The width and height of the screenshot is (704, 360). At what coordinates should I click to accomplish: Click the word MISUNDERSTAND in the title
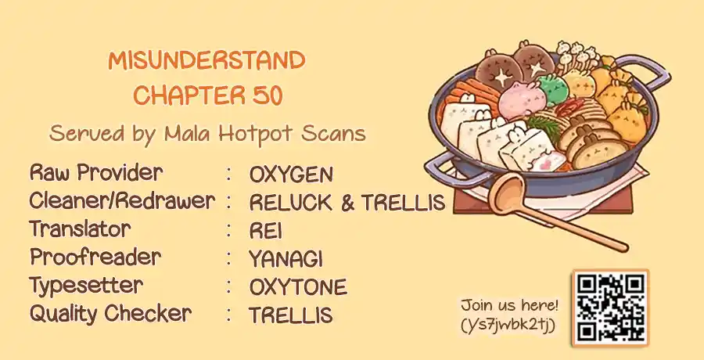click(207, 60)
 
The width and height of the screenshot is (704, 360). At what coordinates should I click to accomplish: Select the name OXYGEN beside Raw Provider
click(292, 175)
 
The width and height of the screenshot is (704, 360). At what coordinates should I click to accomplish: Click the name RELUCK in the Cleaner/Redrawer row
click(291, 203)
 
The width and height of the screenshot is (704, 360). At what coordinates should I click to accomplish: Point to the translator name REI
click(266, 231)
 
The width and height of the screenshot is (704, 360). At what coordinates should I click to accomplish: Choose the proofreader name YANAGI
click(286, 259)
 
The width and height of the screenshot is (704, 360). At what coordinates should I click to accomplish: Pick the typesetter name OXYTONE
click(298, 287)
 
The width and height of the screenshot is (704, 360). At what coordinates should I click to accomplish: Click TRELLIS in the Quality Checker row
click(290, 315)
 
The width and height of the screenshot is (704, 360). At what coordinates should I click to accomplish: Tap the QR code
click(610, 308)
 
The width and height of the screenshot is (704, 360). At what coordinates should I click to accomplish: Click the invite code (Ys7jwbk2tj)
click(508, 325)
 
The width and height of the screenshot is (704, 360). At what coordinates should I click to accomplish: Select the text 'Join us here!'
click(509, 306)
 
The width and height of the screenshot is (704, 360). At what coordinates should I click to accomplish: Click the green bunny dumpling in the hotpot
click(553, 89)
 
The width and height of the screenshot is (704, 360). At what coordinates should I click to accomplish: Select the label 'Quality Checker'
click(110, 315)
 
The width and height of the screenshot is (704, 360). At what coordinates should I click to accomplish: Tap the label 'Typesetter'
click(86, 286)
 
